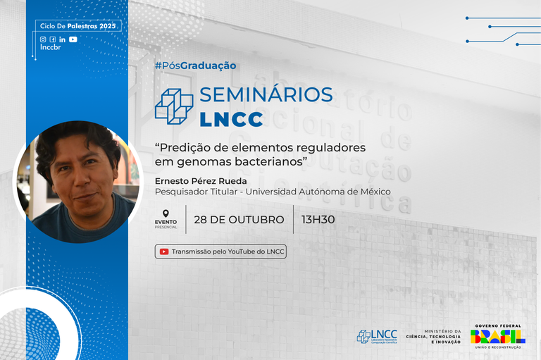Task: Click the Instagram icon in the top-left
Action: [43, 39]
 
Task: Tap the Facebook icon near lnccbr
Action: [52, 39]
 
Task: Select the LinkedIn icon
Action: [62, 39]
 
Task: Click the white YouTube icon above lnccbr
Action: [73, 39]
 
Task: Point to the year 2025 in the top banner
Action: [107, 26]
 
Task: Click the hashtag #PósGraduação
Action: [195, 66]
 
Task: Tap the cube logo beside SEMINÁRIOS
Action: [173, 106]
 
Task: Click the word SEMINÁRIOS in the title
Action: [266, 94]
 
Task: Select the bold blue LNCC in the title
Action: [231, 119]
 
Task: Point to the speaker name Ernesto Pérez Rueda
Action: [201, 180]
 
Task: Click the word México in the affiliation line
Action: [374, 191]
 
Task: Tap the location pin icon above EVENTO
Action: [166, 213]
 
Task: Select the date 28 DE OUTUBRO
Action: [240, 219]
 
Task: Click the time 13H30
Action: [318, 219]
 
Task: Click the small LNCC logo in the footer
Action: [377, 336]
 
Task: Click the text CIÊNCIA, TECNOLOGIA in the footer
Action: [442, 337]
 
